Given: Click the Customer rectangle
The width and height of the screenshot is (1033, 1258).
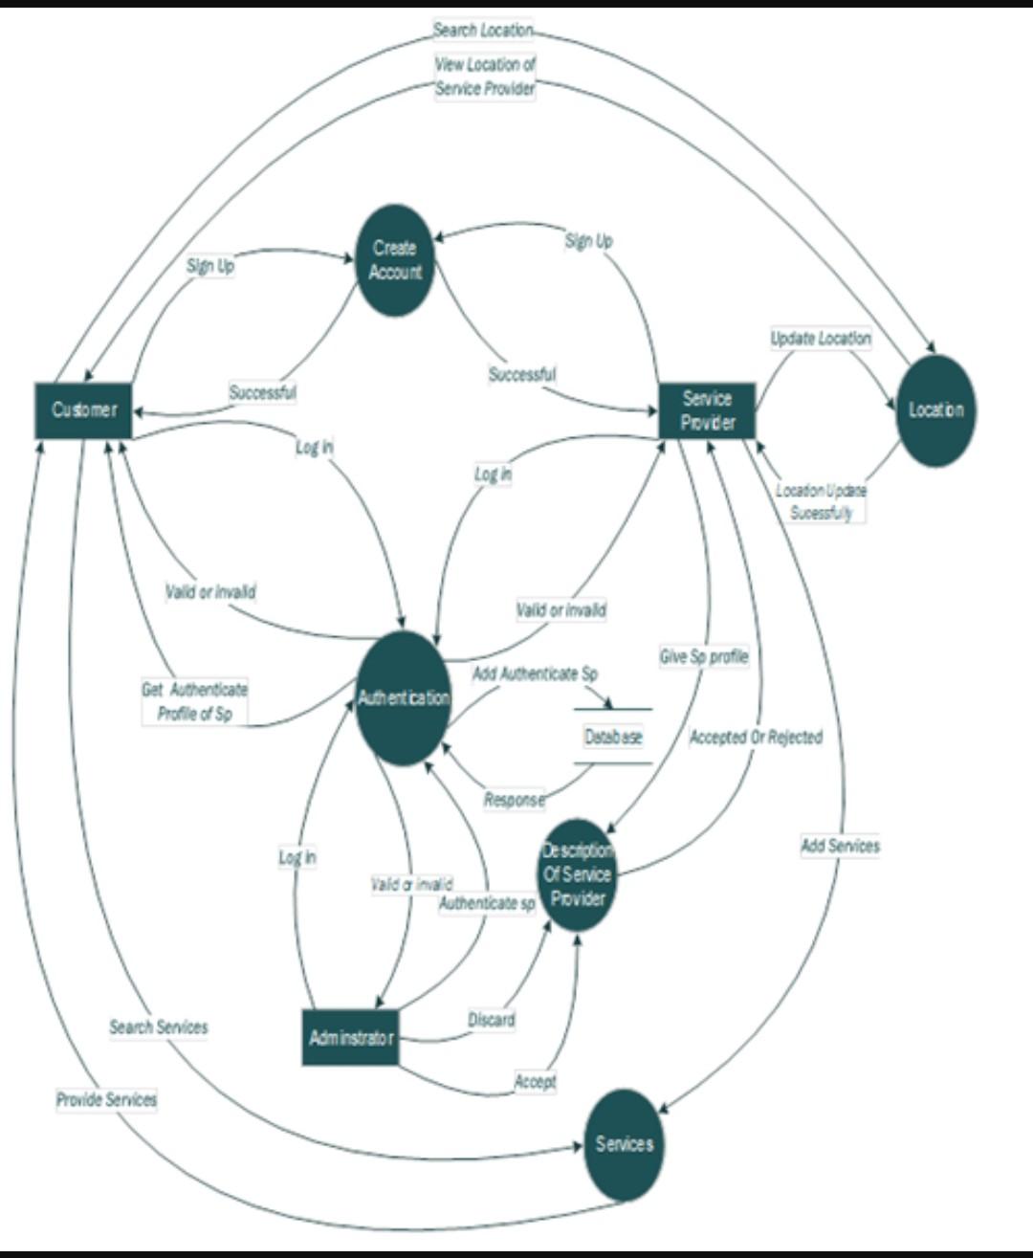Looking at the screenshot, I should pyautogui.click(x=83, y=410).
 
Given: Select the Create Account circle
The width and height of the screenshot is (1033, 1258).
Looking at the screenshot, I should pyautogui.click(x=394, y=260).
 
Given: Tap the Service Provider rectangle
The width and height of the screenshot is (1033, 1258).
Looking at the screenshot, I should pyautogui.click(x=707, y=411).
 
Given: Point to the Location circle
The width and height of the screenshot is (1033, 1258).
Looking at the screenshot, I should pyautogui.click(x=935, y=410).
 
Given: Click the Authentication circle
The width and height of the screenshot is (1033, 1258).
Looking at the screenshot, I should pyautogui.click(x=403, y=698).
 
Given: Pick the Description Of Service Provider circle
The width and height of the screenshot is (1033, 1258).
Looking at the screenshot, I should pyautogui.click(x=577, y=874).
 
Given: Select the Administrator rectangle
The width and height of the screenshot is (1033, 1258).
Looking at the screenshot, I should pyautogui.click(x=350, y=1037).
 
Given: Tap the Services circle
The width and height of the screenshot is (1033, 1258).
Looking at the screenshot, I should pyautogui.click(x=624, y=1144).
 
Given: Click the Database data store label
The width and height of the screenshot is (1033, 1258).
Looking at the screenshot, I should pyautogui.click(x=613, y=737).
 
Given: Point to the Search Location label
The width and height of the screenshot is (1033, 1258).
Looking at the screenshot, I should pyautogui.click(x=482, y=31).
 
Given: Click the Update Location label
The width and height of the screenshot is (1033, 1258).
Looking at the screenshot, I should pyautogui.click(x=821, y=339).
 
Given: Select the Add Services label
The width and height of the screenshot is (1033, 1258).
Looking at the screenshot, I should pyautogui.click(x=840, y=846).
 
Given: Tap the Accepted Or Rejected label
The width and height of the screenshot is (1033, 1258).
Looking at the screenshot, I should pyautogui.click(x=756, y=738).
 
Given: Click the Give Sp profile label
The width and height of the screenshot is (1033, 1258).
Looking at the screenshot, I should pyautogui.click(x=704, y=657).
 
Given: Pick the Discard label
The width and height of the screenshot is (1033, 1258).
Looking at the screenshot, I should pyautogui.click(x=491, y=1020).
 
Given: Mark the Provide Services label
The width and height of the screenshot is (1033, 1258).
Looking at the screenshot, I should pyautogui.click(x=106, y=1100).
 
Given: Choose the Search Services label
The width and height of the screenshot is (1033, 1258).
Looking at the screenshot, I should pyautogui.click(x=158, y=1027).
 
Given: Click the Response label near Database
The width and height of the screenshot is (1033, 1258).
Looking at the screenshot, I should pyautogui.click(x=514, y=800).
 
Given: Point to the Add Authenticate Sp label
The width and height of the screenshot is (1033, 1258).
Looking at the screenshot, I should pyautogui.click(x=535, y=674).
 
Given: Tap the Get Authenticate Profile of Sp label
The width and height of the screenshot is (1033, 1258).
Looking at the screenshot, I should pyautogui.click(x=195, y=701).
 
